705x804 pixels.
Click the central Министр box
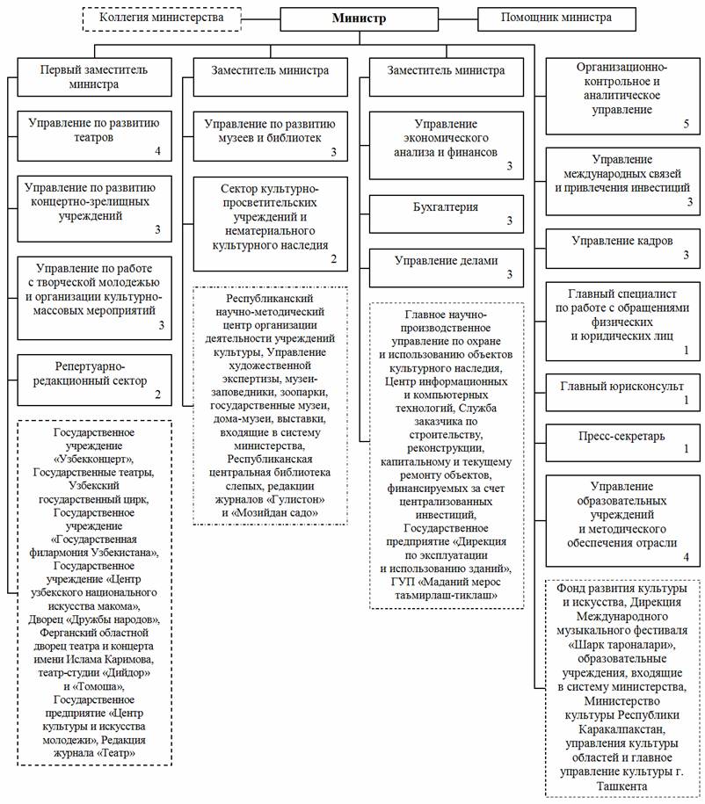point(359,18)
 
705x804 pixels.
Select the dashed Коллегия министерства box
point(162,18)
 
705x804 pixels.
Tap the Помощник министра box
point(556,18)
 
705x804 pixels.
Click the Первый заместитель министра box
point(94,77)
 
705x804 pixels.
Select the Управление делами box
point(447,266)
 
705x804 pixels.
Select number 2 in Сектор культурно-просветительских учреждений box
point(333,259)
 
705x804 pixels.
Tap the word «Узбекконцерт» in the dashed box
point(94,459)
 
